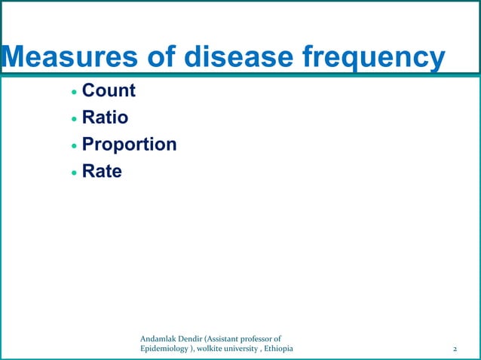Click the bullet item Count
click(x=108, y=91)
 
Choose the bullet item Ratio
click(x=105, y=118)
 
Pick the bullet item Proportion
click(x=129, y=145)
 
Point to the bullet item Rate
click(x=101, y=172)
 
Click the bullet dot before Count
click(x=73, y=93)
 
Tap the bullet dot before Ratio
click(x=73, y=120)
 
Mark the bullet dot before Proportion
click(x=73, y=146)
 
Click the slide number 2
click(x=455, y=349)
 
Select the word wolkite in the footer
click(x=218, y=349)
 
